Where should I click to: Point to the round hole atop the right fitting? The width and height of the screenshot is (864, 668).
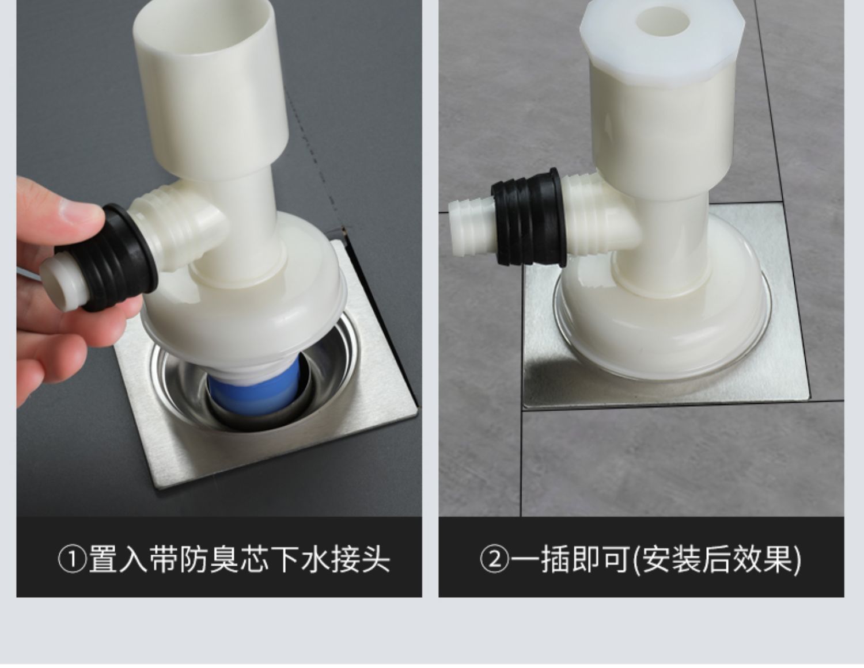[x=663, y=21]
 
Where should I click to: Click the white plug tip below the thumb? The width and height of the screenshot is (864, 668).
[x=63, y=284]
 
